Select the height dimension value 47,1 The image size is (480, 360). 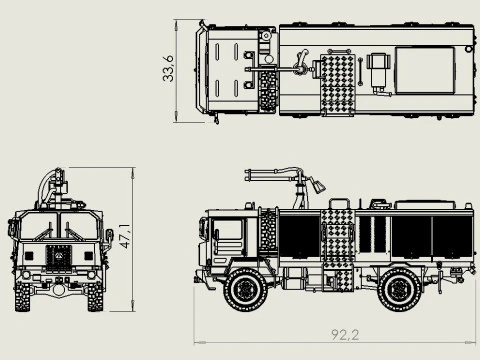[x=124, y=237]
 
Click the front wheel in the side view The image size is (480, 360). [x=243, y=289]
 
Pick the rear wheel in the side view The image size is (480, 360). [x=399, y=289]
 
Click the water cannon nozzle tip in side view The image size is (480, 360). [x=319, y=186]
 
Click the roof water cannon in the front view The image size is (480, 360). [x=55, y=186]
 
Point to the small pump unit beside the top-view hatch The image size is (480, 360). [x=378, y=71]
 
